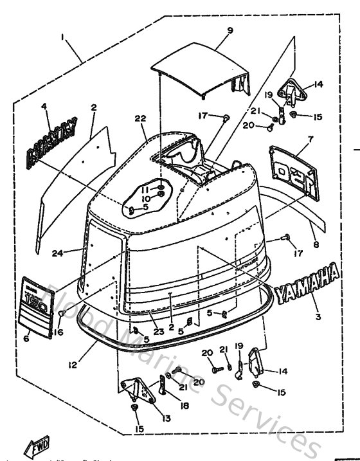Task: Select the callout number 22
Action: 140,118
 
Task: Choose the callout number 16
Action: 59,332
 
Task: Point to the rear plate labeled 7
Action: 293,169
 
